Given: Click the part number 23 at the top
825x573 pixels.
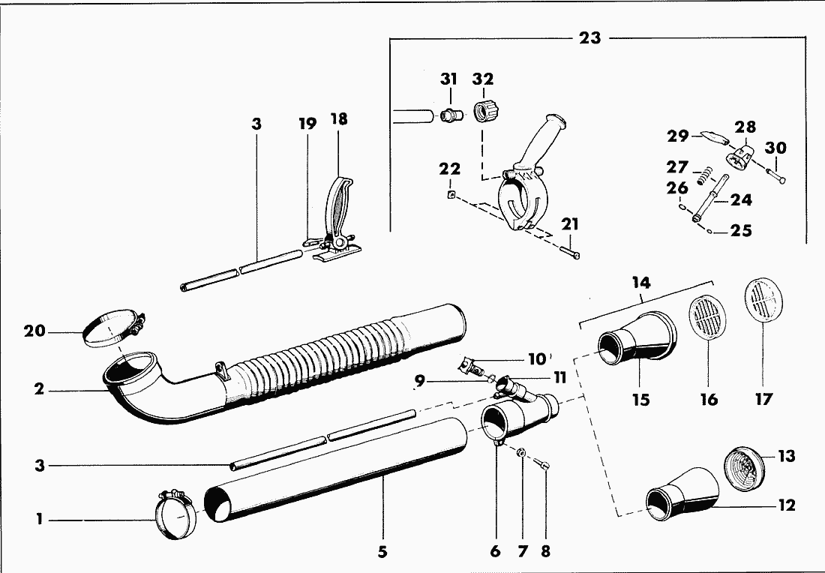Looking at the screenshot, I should click(590, 37).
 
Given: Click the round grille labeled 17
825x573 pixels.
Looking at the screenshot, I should click(764, 302).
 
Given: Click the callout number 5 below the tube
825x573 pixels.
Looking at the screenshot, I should click(382, 552).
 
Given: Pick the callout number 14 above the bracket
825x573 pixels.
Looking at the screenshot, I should click(641, 283).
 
